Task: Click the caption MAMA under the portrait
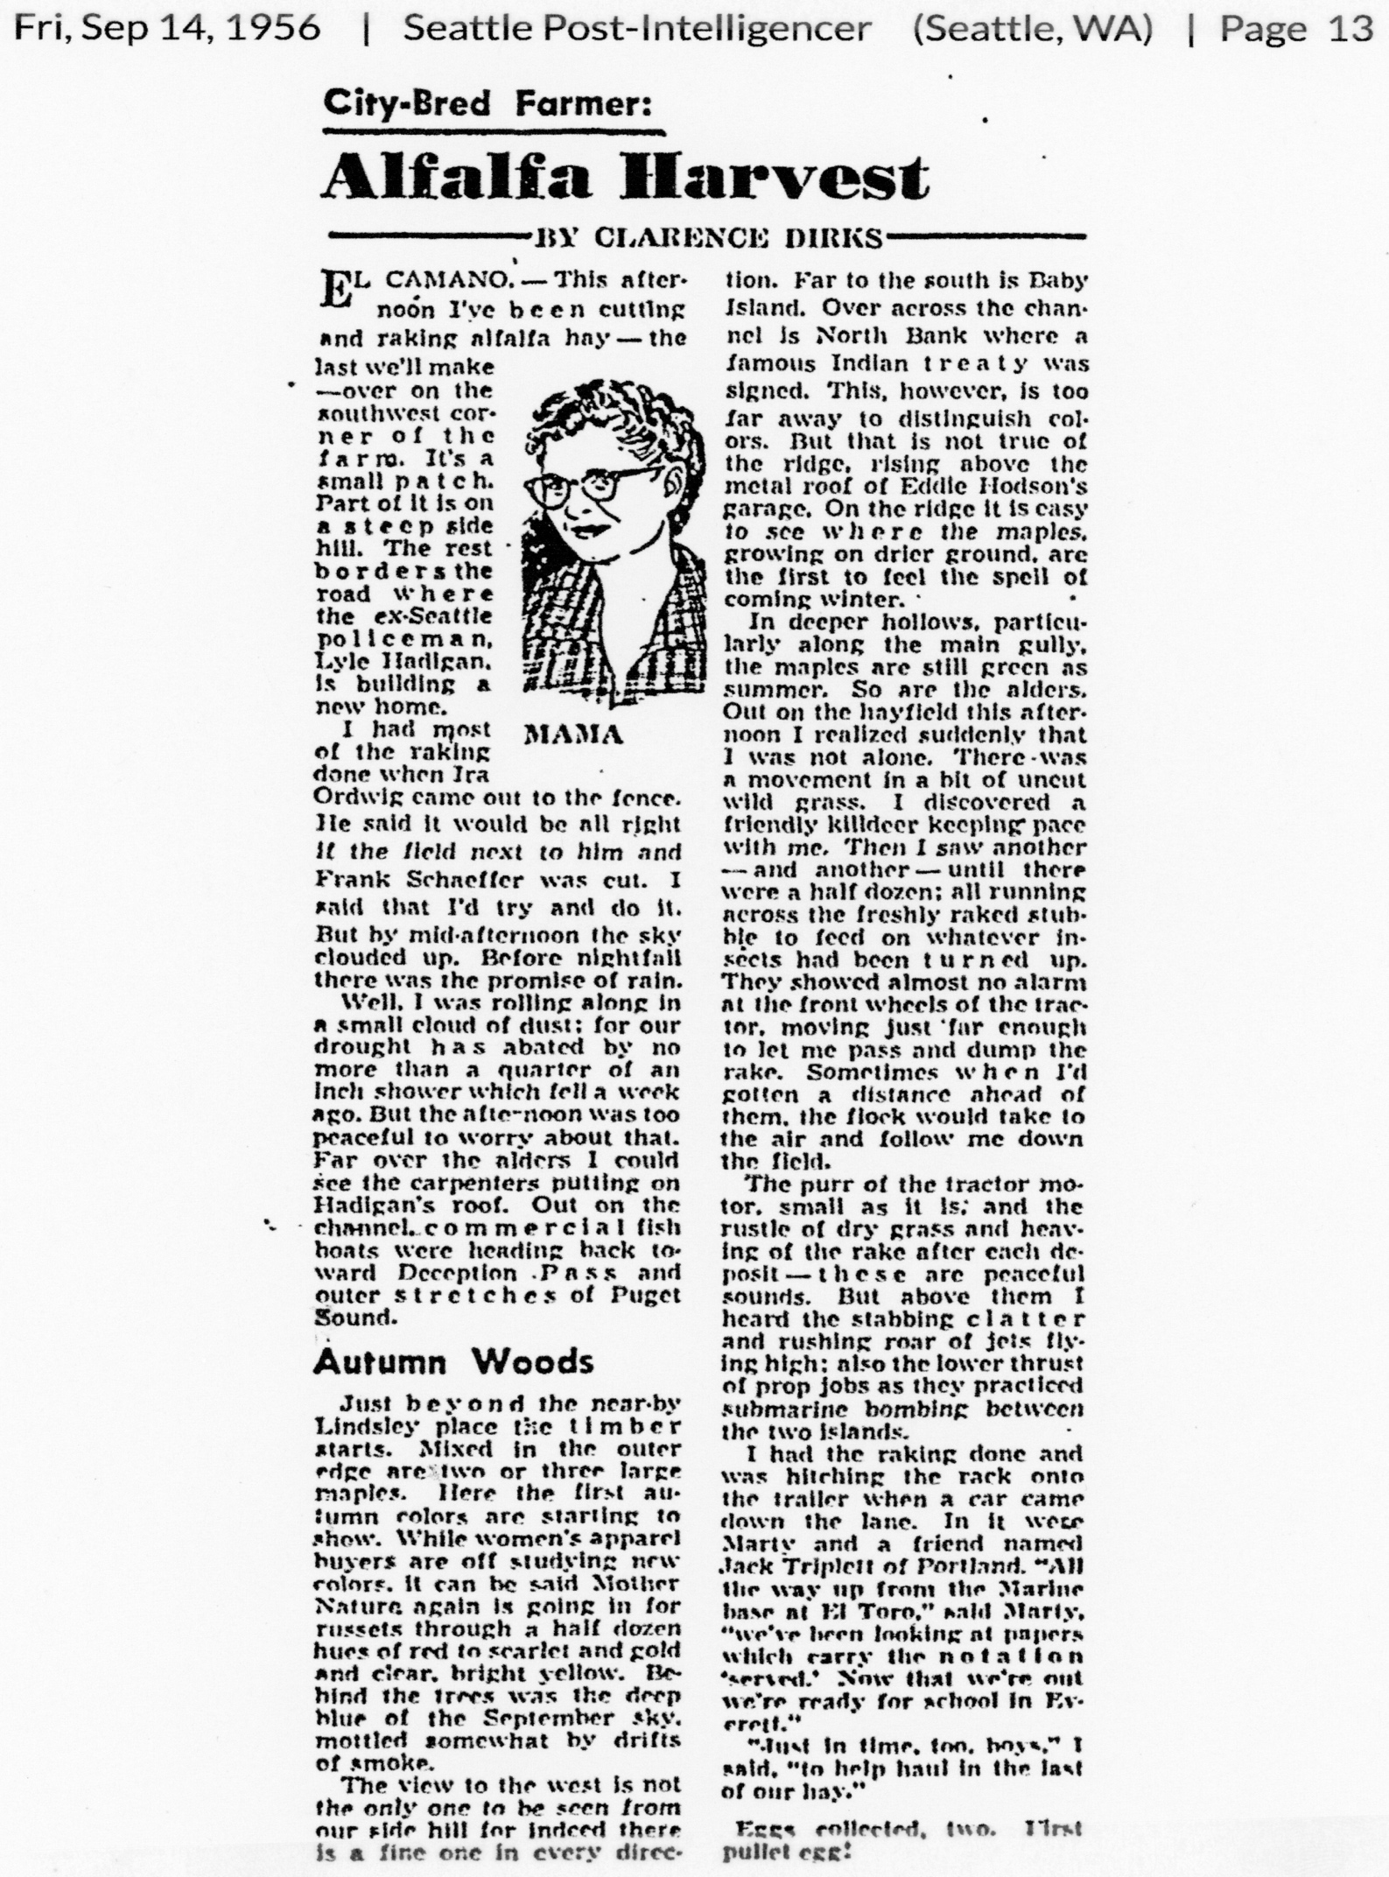573,735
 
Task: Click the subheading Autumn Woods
453,1361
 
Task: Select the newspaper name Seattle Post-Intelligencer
636,29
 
